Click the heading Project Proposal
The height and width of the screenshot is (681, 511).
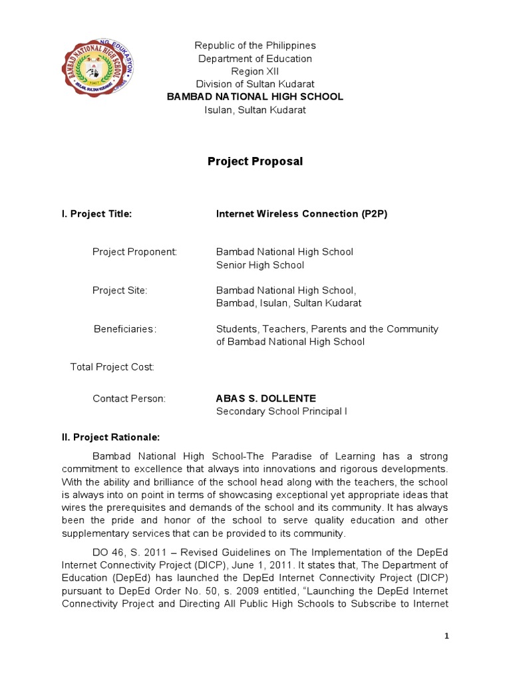coord(255,162)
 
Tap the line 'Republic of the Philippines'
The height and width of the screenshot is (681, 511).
coord(255,45)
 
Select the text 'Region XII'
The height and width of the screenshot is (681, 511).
coord(255,71)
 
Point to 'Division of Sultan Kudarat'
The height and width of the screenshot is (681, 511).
coord(255,84)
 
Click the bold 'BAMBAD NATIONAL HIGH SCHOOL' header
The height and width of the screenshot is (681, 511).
coord(255,96)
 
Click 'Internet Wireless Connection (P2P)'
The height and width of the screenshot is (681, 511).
coord(302,213)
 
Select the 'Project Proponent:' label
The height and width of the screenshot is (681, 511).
coord(134,252)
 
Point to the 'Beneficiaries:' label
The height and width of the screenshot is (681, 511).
coord(125,329)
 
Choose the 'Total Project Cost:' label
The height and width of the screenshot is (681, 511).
coord(112,366)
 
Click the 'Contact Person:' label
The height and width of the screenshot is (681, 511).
coord(129,398)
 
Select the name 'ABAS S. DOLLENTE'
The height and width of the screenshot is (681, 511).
coord(266,398)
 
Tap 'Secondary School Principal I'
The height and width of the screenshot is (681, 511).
coord(281,411)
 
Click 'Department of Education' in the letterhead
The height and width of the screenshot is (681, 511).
coord(255,59)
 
